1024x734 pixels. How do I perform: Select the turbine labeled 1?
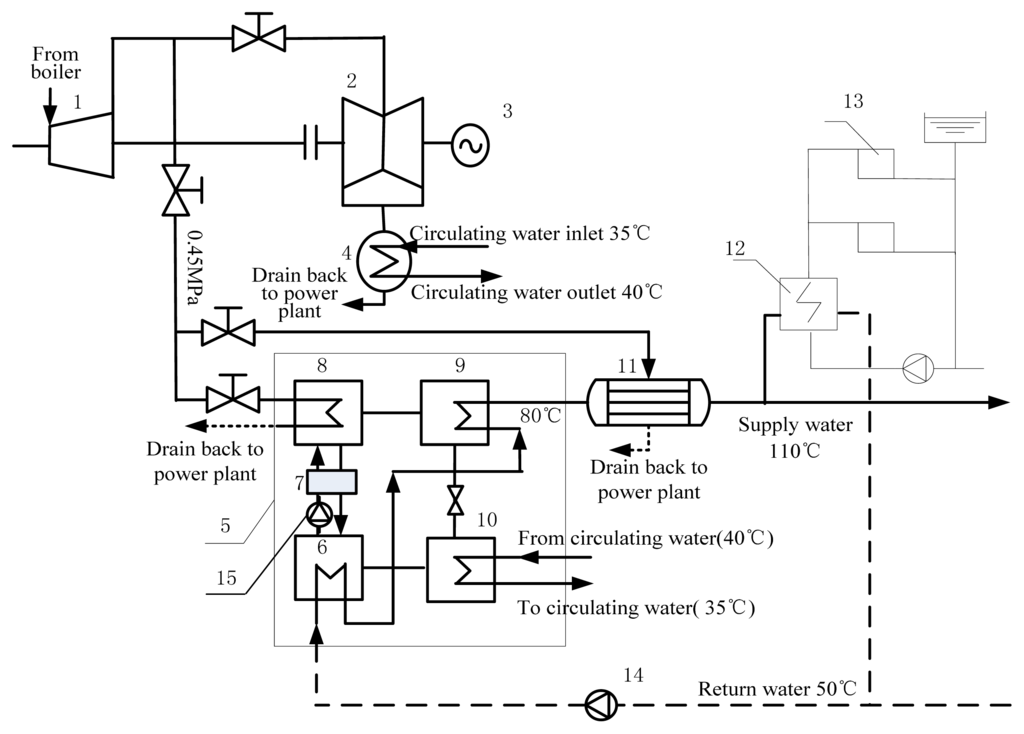pos(80,144)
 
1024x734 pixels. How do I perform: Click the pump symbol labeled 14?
pos(599,705)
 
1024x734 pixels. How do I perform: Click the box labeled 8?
pos(328,412)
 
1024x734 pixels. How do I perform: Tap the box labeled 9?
pos(454,412)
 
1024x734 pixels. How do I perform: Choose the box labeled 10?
pos(461,569)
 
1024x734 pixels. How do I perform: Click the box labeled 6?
pos(328,568)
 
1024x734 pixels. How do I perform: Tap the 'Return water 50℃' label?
pos(777,689)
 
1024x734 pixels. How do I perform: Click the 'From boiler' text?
pos(56,62)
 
